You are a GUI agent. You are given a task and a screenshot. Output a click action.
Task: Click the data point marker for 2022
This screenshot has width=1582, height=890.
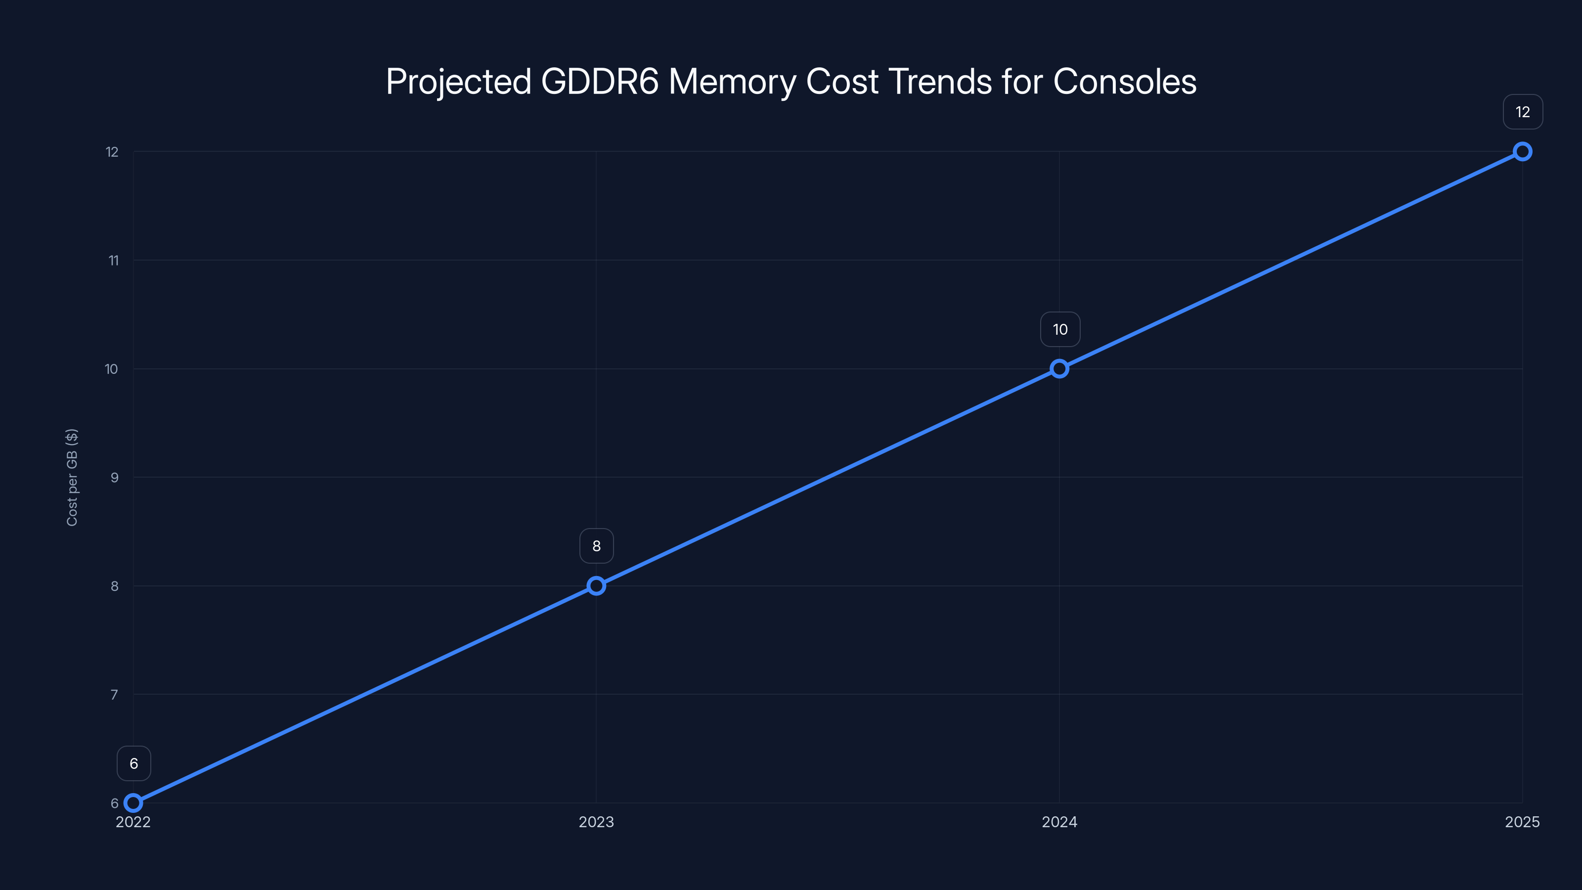(133, 803)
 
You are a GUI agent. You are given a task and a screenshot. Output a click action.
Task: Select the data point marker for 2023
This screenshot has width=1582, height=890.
(596, 586)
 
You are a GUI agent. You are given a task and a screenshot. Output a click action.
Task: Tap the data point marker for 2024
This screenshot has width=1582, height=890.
(1059, 368)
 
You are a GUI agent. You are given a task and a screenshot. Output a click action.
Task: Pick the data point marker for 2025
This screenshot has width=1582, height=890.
(1523, 152)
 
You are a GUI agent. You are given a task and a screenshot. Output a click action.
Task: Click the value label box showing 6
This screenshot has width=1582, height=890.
(134, 763)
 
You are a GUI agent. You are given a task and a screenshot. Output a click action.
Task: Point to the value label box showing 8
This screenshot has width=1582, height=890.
(596, 546)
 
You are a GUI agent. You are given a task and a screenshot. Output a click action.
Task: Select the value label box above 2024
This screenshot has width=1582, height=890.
(1060, 329)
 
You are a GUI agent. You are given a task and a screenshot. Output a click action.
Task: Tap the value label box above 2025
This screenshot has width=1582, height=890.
(1523, 112)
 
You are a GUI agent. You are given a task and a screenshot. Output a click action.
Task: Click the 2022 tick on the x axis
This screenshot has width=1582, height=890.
(133, 822)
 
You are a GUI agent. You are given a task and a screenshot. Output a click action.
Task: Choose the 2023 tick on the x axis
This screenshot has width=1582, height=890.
(596, 822)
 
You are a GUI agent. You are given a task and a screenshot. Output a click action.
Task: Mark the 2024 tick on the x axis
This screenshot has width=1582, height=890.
(1059, 822)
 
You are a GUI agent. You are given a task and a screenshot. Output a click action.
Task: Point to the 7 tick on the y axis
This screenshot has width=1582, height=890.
(114, 695)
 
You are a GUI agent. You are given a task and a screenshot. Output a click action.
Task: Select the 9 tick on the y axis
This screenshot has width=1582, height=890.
(114, 477)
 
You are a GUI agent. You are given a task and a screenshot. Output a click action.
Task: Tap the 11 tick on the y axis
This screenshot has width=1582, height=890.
(114, 261)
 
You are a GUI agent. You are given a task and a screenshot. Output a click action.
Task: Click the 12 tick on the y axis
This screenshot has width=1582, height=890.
(112, 152)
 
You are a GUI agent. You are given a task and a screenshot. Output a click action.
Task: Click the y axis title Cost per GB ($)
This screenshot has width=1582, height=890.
(72, 477)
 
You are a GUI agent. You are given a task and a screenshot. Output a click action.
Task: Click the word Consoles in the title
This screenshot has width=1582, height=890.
(1125, 82)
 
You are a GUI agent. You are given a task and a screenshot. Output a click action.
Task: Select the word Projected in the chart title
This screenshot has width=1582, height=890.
(458, 82)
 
